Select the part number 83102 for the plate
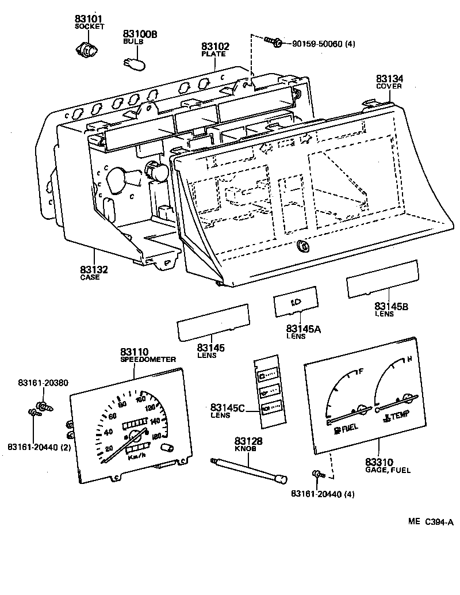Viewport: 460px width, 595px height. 215,47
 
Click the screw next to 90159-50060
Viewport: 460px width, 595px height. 273,41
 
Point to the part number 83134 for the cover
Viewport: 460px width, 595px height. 389,79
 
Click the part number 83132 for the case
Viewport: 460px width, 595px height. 94,269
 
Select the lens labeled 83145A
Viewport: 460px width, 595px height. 295,301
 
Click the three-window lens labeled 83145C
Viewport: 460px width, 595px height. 267,394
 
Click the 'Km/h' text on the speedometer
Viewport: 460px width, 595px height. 136,457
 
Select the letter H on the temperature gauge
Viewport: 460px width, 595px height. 409,360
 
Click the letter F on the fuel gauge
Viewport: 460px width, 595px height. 361,371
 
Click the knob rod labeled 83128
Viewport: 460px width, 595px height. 247,469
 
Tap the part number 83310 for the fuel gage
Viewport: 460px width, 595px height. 379,461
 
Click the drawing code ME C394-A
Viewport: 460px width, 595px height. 431,522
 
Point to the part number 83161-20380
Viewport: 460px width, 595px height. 43,383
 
